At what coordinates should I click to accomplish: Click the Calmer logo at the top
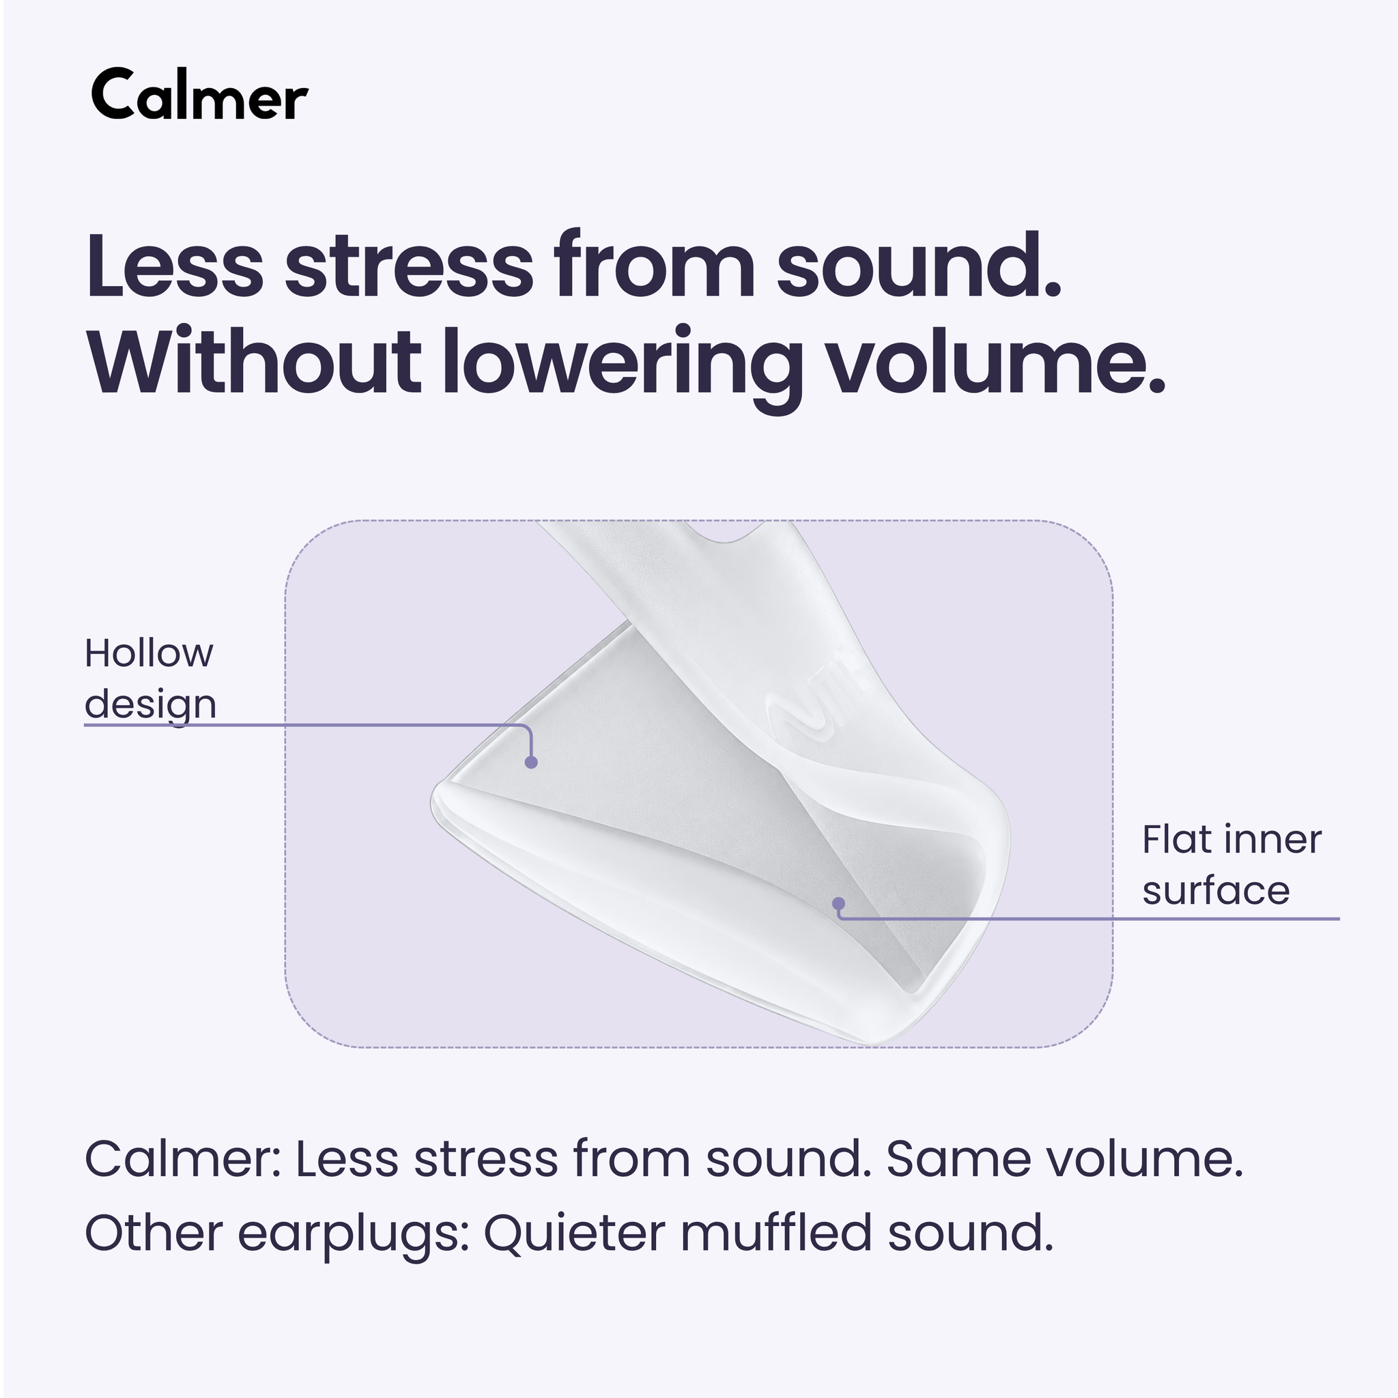[x=200, y=95]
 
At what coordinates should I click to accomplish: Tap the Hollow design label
[x=150, y=679]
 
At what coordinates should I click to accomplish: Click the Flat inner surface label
[x=1231, y=865]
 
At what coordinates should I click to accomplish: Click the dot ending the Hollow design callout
[x=531, y=762]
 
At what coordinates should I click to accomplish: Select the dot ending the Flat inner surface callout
[x=839, y=903]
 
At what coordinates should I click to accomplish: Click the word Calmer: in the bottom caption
[x=183, y=1158]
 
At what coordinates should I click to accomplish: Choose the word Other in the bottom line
[x=154, y=1233]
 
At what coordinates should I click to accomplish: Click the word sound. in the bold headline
[x=919, y=265]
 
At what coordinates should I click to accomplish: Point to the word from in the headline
[x=655, y=265]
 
